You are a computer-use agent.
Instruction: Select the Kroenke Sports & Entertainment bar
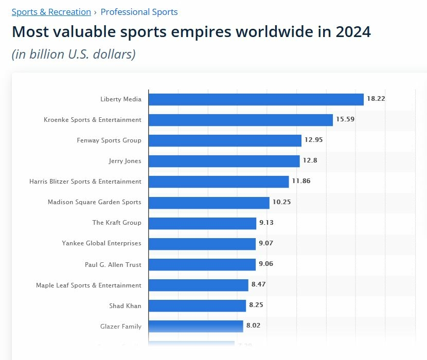tap(241, 120)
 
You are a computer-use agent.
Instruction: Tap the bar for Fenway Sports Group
tap(225, 140)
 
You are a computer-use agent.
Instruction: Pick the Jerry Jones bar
tap(224, 161)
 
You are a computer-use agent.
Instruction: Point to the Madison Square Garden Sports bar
tap(209, 203)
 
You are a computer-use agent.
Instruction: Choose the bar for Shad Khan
tap(197, 306)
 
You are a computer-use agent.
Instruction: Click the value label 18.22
tap(376, 99)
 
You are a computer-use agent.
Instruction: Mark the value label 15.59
tap(345, 119)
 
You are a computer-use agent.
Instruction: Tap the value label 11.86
tap(301, 181)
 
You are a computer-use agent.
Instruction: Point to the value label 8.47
tap(258, 284)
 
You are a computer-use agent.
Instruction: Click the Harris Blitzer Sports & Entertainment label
tap(85, 182)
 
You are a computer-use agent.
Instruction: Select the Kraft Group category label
tap(117, 223)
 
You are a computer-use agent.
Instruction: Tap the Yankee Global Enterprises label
tap(101, 243)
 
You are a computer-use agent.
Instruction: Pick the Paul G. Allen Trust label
tap(113, 265)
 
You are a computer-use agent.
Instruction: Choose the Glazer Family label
tap(121, 327)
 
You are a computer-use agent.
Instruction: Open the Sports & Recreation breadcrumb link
tap(51, 12)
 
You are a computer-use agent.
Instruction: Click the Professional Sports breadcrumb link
tap(139, 12)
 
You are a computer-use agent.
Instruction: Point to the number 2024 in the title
tap(353, 32)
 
